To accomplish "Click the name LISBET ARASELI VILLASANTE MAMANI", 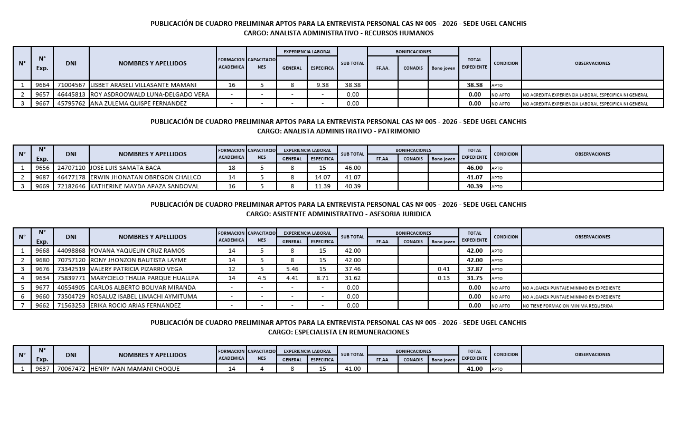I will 143,85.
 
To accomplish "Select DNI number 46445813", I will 71,94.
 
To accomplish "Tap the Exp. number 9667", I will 42,103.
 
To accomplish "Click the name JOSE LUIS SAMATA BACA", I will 126,168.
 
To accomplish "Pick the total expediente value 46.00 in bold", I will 475,168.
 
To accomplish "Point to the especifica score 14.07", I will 323,177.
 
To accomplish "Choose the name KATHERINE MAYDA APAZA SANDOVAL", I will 145,186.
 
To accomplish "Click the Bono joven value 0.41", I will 443,269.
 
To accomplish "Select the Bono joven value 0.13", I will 443,278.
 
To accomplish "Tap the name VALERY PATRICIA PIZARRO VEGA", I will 136,269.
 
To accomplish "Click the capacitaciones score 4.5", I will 262,278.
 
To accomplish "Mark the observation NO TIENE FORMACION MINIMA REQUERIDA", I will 568,306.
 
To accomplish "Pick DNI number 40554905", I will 71,287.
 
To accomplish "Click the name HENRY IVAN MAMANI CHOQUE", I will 135,369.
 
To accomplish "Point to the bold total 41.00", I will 475,369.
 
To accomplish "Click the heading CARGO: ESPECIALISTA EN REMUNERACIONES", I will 338,332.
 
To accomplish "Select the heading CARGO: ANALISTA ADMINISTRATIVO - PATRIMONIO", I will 338,131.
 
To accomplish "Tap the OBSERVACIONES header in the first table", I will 592,63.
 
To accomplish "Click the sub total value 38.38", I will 353,85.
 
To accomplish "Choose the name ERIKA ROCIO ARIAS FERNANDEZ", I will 135,305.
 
